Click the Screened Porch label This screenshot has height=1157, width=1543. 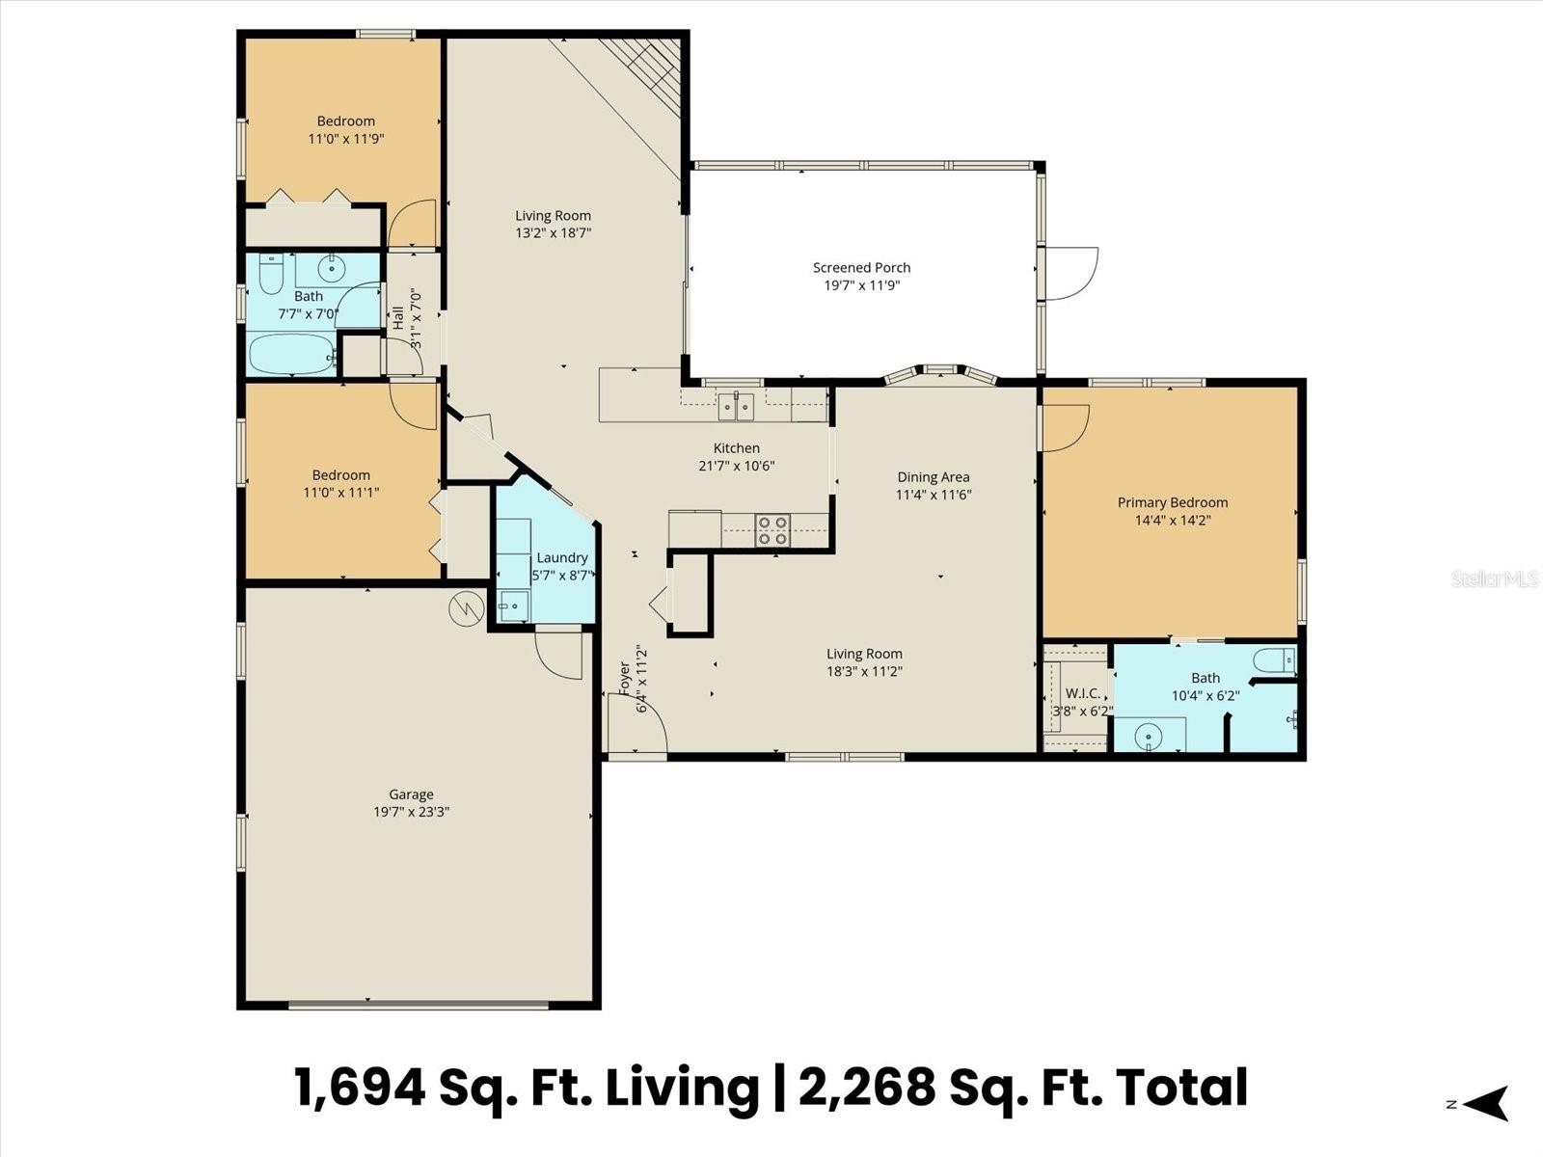click(x=861, y=268)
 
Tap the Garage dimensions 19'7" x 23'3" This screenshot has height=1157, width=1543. click(x=412, y=812)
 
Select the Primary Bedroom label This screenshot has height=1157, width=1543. click(x=1173, y=502)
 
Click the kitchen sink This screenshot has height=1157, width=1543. click(x=735, y=406)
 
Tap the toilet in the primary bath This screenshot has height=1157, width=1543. click(x=1274, y=660)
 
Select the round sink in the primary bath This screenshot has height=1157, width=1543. click(x=1149, y=737)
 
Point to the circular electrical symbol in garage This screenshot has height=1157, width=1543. click(x=466, y=607)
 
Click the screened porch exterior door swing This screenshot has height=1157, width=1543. click(x=1070, y=273)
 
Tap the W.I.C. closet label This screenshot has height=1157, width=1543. click(x=1083, y=693)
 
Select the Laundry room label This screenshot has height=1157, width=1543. click(x=561, y=557)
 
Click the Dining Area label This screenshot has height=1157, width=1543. click(x=933, y=477)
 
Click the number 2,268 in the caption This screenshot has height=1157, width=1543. click(x=867, y=1088)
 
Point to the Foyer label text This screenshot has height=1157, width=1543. click(x=624, y=679)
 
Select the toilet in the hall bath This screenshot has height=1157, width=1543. click(x=272, y=274)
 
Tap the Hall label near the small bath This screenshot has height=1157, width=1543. click(x=398, y=318)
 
